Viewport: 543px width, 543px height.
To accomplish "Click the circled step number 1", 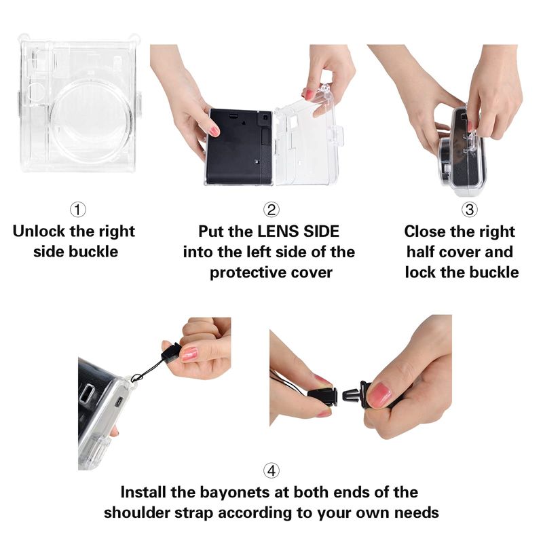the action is tap(77, 210).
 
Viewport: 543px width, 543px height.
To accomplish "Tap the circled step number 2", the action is tap(271, 210).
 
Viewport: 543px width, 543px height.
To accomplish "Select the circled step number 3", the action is tap(469, 210).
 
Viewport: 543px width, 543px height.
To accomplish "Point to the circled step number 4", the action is tap(271, 470).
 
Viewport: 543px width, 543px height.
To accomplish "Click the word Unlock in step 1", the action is tap(39, 231).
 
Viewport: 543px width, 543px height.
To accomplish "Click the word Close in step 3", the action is tap(426, 231).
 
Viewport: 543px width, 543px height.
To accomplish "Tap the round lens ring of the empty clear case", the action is tap(91, 121).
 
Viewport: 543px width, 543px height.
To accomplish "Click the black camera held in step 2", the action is tap(239, 147).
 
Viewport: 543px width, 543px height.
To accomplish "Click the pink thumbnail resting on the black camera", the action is tap(214, 131).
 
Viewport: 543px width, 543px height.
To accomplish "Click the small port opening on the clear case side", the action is tap(118, 402).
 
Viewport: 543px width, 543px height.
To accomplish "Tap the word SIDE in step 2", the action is tap(321, 231).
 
